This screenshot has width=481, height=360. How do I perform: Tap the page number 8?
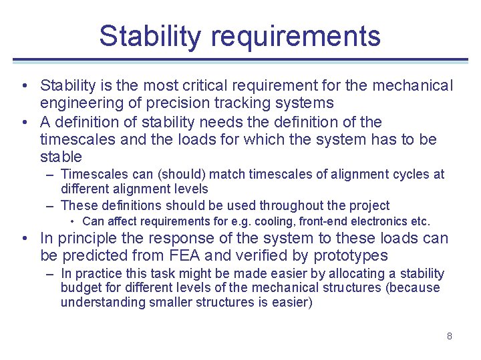450,336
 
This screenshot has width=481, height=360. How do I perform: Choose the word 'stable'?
61,157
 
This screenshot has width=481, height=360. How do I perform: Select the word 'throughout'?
291,206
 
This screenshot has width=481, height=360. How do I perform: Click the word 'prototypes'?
355,256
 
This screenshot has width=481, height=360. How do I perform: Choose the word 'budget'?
79,288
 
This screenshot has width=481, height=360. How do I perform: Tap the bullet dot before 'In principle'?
24,239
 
